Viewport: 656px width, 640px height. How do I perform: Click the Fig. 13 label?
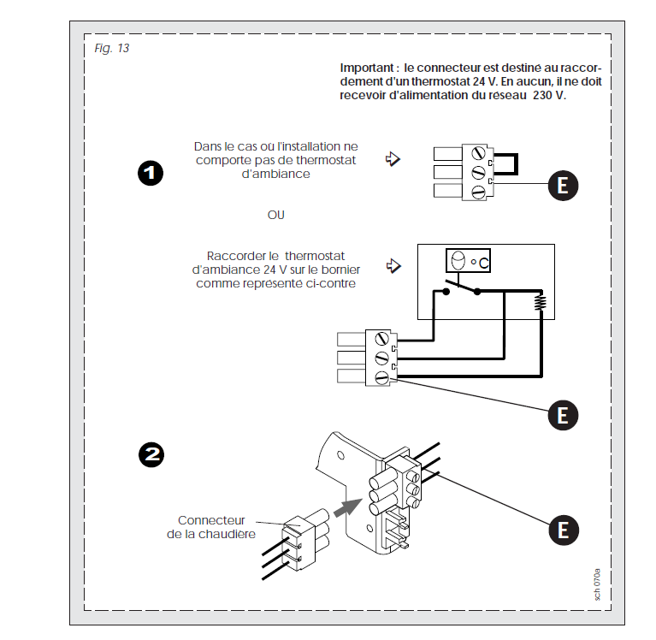click(112, 48)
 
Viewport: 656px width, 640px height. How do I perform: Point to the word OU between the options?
click(275, 215)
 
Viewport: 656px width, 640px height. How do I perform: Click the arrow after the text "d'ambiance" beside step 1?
click(393, 160)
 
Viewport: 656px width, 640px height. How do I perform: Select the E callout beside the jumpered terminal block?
click(562, 186)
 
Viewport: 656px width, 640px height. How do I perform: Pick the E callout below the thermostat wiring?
click(562, 416)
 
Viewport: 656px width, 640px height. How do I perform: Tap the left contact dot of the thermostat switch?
click(446, 291)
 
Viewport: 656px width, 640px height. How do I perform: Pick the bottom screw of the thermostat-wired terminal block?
click(381, 375)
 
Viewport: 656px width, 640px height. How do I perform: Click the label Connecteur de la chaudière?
click(211, 527)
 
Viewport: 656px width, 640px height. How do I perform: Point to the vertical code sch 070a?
click(598, 584)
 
